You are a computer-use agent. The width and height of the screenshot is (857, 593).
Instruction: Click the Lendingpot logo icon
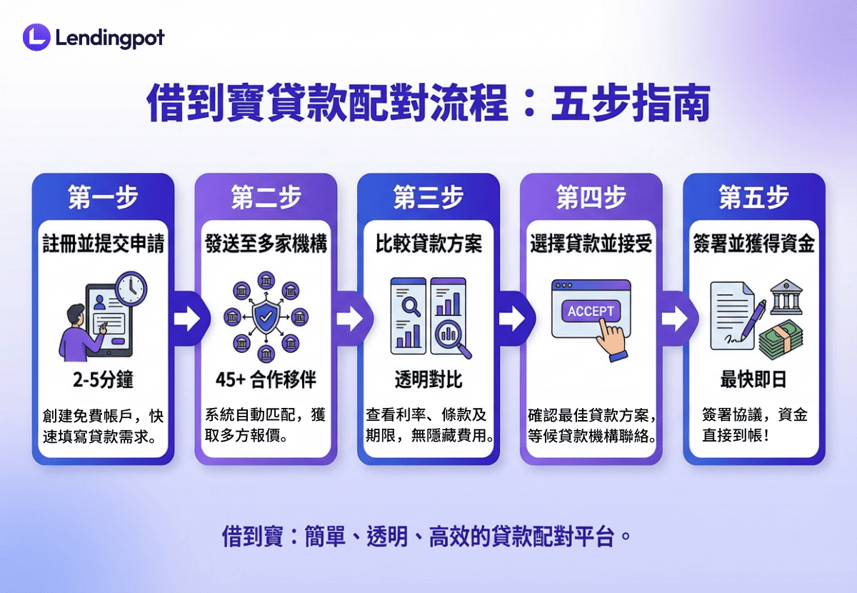(x=36, y=37)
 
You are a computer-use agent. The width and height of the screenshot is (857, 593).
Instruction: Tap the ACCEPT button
(x=591, y=311)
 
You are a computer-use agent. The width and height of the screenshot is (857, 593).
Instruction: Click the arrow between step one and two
(x=186, y=319)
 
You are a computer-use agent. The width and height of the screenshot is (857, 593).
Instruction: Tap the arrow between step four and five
(x=674, y=319)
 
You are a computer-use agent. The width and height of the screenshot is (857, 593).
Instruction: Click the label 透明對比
(x=428, y=379)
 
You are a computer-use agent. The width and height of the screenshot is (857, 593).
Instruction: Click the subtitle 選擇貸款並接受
(x=591, y=244)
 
